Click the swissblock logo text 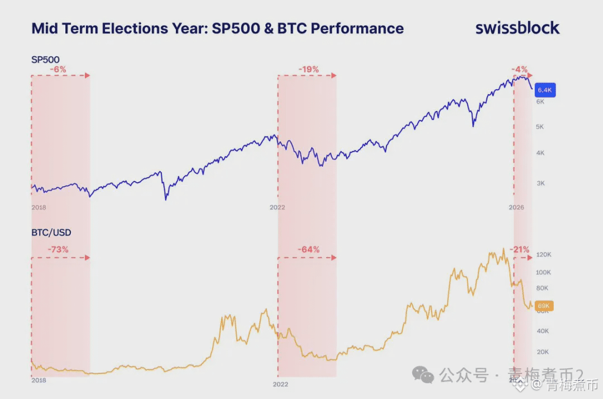(517, 28)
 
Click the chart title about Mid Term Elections (217, 28)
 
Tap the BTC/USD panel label (51, 232)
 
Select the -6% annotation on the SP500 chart (58, 70)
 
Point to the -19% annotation (308, 70)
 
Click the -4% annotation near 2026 (520, 70)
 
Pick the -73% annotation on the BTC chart (58, 250)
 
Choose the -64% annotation (308, 250)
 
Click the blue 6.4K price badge (544, 90)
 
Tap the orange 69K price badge (543, 306)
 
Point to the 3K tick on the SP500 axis (540, 183)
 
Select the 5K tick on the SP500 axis (540, 127)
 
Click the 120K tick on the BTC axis (543, 255)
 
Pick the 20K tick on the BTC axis (542, 352)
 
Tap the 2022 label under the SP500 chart (277, 207)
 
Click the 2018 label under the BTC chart (39, 380)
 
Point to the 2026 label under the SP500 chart (516, 207)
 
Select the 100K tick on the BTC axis (543, 273)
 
